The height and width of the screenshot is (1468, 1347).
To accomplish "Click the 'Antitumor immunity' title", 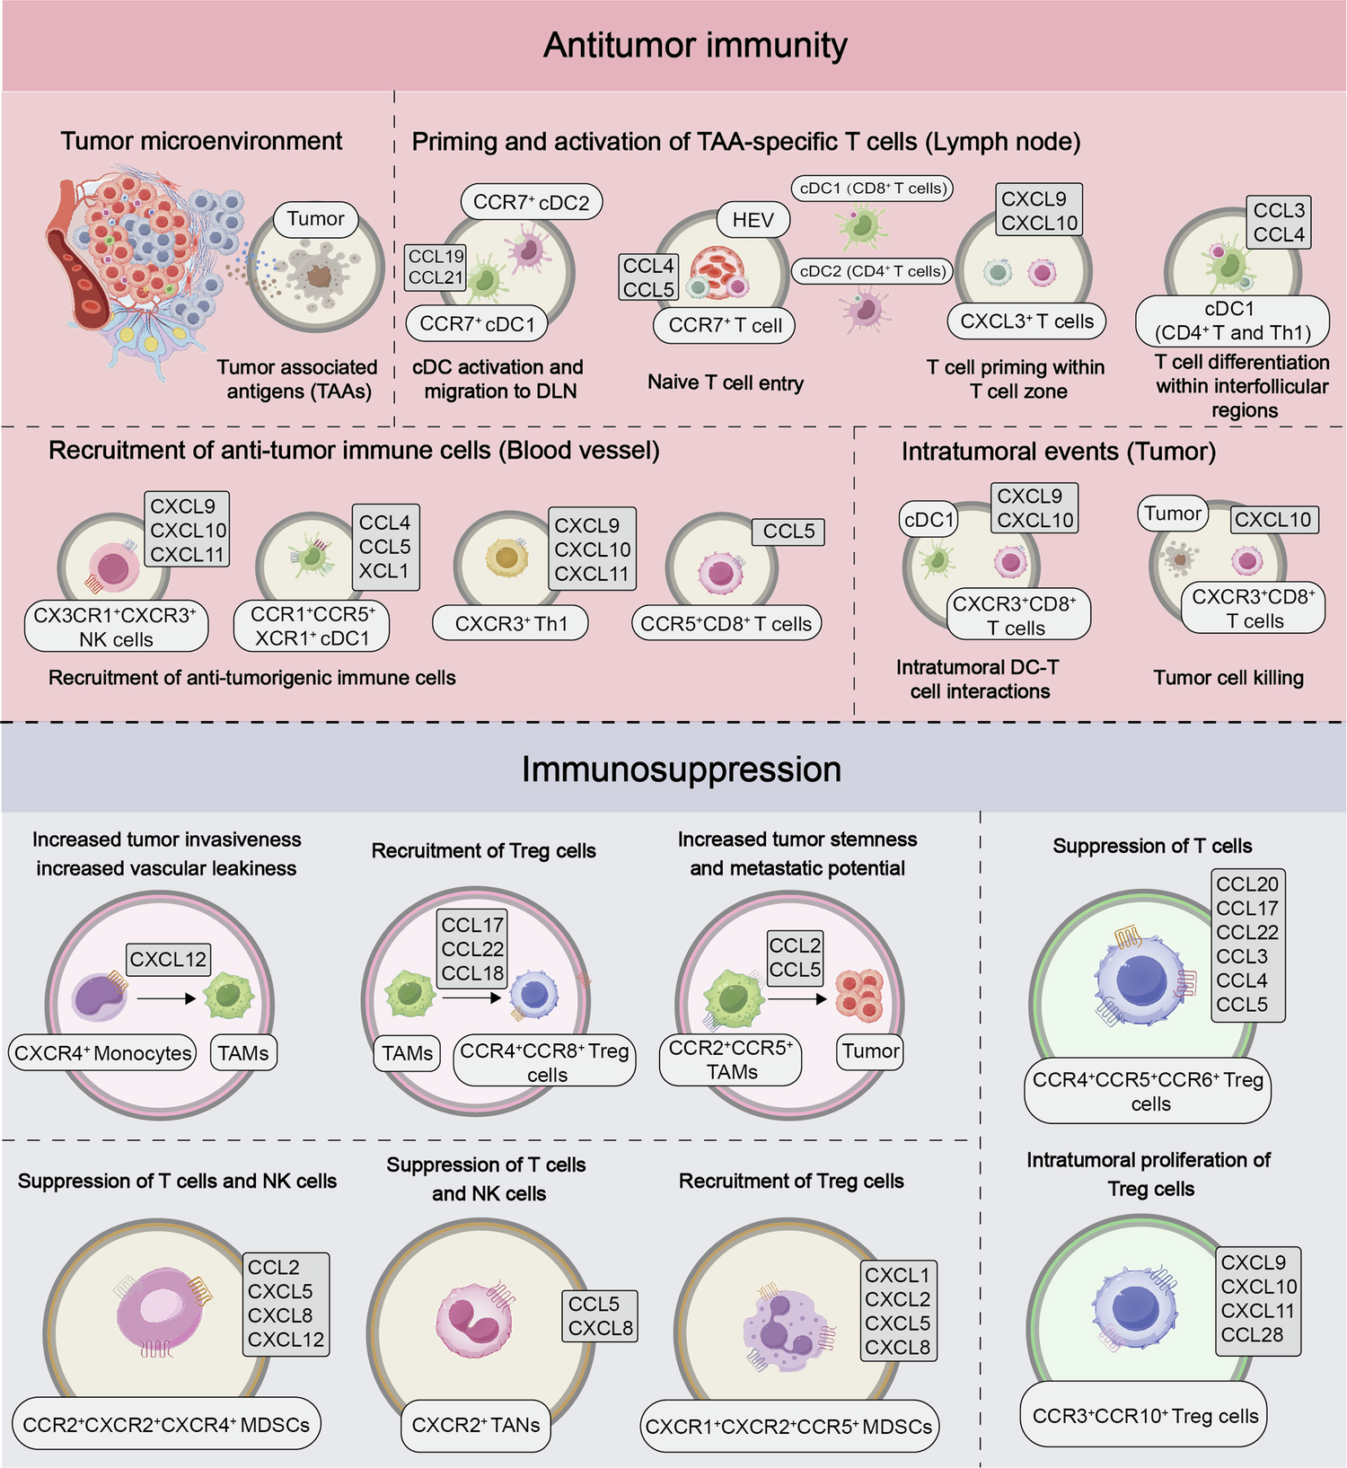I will click(x=695, y=46).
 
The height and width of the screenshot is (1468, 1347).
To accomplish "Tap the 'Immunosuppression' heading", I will click(x=682, y=769).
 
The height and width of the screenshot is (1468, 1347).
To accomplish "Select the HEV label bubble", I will click(x=753, y=220).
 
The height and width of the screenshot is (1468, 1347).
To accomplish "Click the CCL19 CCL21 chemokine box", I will click(x=436, y=268).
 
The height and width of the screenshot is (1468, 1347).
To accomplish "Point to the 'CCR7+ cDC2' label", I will click(x=532, y=202).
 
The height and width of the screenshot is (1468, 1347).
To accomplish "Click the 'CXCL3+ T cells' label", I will click(x=1026, y=321).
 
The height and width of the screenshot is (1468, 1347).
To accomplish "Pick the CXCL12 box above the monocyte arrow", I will click(x=168, y=959).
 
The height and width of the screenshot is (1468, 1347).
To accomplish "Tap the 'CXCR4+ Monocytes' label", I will click(x=103, y=1053).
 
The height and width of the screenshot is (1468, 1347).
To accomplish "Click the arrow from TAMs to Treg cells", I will click(x=471, y=998).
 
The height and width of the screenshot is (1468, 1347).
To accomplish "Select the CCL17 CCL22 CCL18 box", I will click(x=472, y=949).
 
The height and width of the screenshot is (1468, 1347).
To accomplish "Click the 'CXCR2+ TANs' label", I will click(x=475, y=1425).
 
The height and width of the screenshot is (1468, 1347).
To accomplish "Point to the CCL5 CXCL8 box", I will click(x=600, y=1315).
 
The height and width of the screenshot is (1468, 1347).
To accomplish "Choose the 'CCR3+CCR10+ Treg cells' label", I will click(x=1145, y=1416).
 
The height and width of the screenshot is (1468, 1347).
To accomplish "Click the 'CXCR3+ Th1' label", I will click(x=511, y=623).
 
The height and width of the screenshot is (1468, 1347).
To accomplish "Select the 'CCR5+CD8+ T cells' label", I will click(x=726, y=623).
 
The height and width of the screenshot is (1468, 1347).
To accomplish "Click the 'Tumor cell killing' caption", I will click(x=1228, y=678).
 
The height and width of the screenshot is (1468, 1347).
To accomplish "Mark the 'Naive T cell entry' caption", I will click(x=726, y=382).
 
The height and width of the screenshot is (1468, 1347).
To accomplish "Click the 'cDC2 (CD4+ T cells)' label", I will click(x=872, y=271).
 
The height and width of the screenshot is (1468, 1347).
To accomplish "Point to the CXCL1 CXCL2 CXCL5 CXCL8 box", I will click(x=897, y=1311).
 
